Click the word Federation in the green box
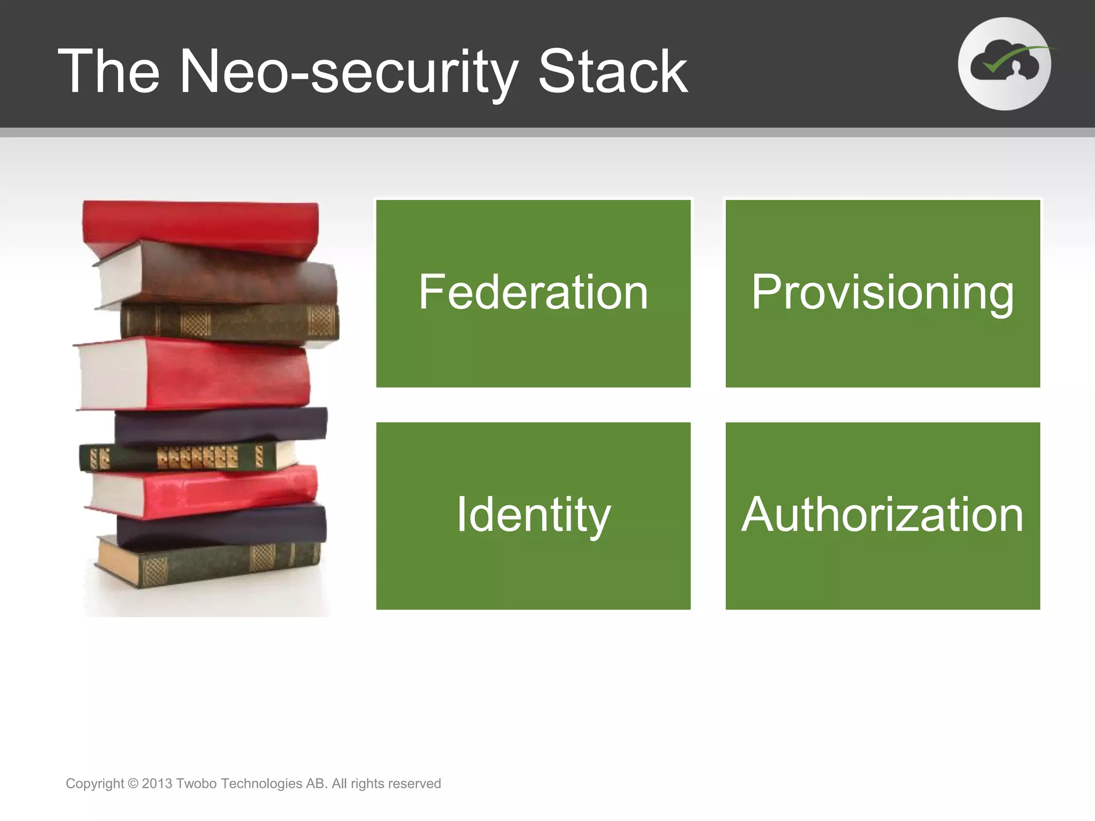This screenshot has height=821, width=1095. tap(533, 292)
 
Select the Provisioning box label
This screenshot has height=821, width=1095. tap(882, 292)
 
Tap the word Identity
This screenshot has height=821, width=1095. tap(533, 515)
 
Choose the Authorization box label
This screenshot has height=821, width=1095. tap(882, 515)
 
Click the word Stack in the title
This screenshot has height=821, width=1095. tap(612, 72)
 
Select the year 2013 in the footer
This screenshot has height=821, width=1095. tap(157, 784)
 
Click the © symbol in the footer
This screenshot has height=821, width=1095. tap(133, 784)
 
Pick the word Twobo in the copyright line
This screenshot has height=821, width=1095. tap(196, 784)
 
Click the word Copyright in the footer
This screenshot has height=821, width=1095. tap(95, 784)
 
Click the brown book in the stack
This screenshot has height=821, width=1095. tap(225, 278)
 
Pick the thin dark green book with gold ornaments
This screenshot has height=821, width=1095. tap(182, 458)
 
